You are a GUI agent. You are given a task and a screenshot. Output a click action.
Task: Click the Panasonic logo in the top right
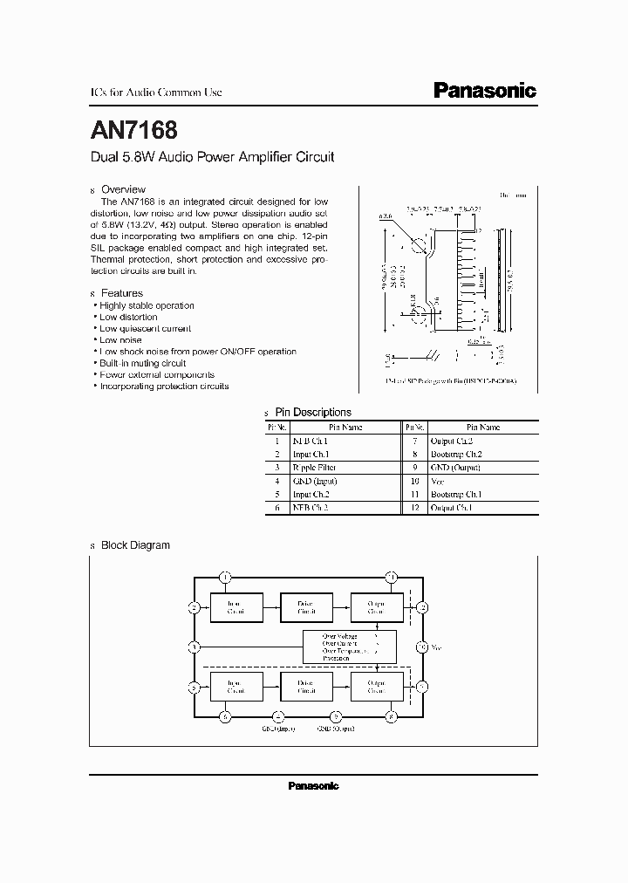[x=485, y=91]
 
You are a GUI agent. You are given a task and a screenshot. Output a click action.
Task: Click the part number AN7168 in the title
[x=134, y=131]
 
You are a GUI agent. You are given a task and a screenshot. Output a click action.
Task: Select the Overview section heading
[x=123, y=189]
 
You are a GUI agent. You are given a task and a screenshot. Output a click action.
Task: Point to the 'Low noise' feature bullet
[x=120, y=340]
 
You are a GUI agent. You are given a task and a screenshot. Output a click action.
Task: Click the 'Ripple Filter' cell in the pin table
[x=345, y=468]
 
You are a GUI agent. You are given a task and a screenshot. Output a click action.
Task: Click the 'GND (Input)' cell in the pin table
[x=345, y=481]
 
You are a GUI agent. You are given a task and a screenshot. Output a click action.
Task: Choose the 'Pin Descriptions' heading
[x=312, y=413]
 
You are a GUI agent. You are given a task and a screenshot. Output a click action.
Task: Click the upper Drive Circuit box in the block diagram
[x=305, y=607]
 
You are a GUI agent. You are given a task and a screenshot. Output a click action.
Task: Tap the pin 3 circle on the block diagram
[x=195, y=647]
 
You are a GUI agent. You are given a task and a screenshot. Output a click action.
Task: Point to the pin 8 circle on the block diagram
[x=390, y=716]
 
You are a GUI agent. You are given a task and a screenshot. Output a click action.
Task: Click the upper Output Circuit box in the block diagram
[x=376, y=607]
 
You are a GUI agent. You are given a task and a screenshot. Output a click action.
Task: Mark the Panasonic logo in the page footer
[x=313, y=786]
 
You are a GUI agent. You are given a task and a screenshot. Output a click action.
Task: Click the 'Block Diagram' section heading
[x=135, y=545]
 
